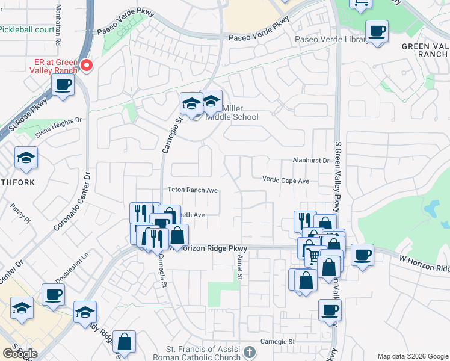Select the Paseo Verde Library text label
pos(331,40)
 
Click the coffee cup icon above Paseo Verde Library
pos(377,31)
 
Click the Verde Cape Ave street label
pos(285,180)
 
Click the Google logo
pos(20,354)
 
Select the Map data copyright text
pos(413,356)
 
